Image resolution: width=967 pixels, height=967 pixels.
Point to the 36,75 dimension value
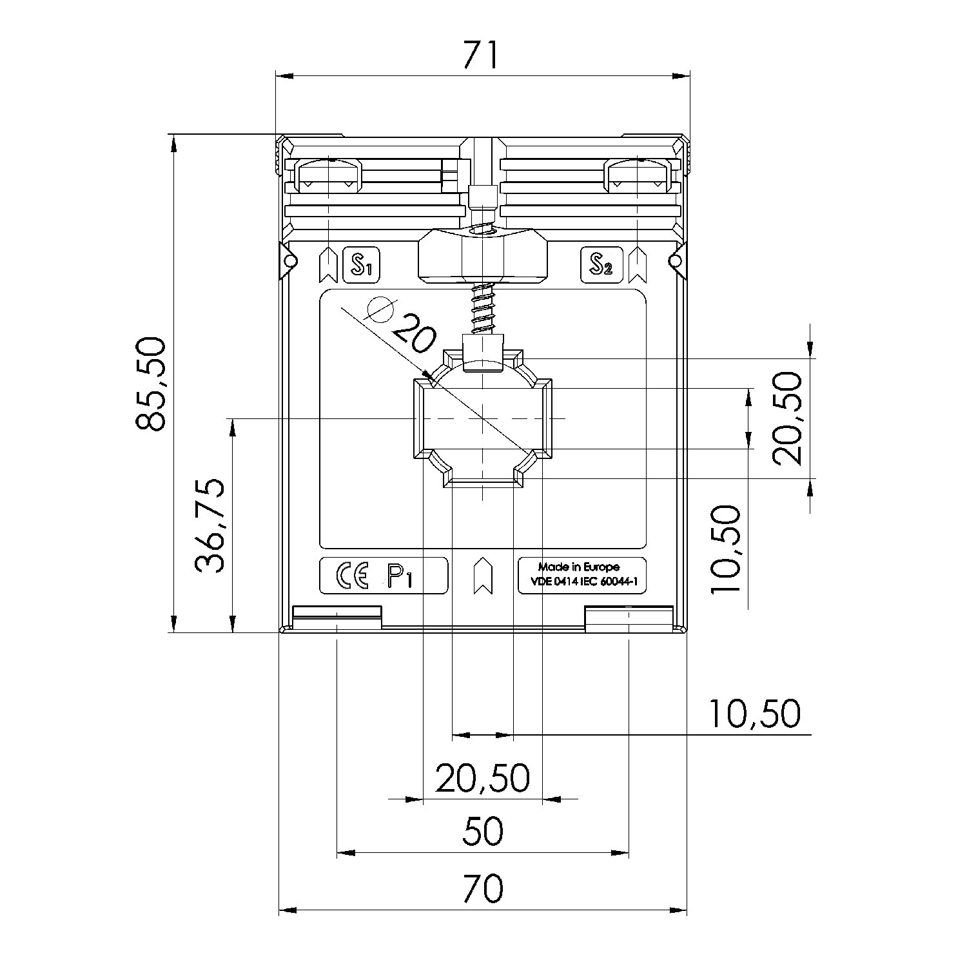tap(210, 525)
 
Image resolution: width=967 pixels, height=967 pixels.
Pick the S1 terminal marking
tap(362, 264)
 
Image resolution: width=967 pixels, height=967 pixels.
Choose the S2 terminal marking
tap(601, 264)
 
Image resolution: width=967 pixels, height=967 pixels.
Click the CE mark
tap(352, 575)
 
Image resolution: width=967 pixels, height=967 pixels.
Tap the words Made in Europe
tap(579, 567)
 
